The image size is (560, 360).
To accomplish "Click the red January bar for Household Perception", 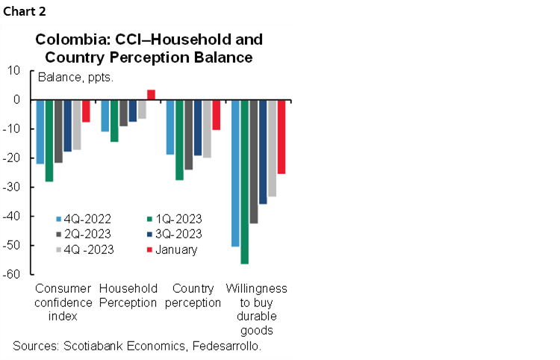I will [151, 95].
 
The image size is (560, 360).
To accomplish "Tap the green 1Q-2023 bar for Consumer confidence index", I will [49, 140].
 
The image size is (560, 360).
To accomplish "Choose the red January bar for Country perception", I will [217, 115].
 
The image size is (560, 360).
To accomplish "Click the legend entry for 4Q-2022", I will [83, 219].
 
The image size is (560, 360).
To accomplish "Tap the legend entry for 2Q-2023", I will [83, 234].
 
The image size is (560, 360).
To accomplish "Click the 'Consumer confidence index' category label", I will [63, 302].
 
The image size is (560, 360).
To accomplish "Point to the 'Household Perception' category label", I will [128, 295].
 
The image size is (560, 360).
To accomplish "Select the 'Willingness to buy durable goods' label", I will [256, 308].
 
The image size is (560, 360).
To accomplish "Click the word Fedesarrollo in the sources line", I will [222, 346].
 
